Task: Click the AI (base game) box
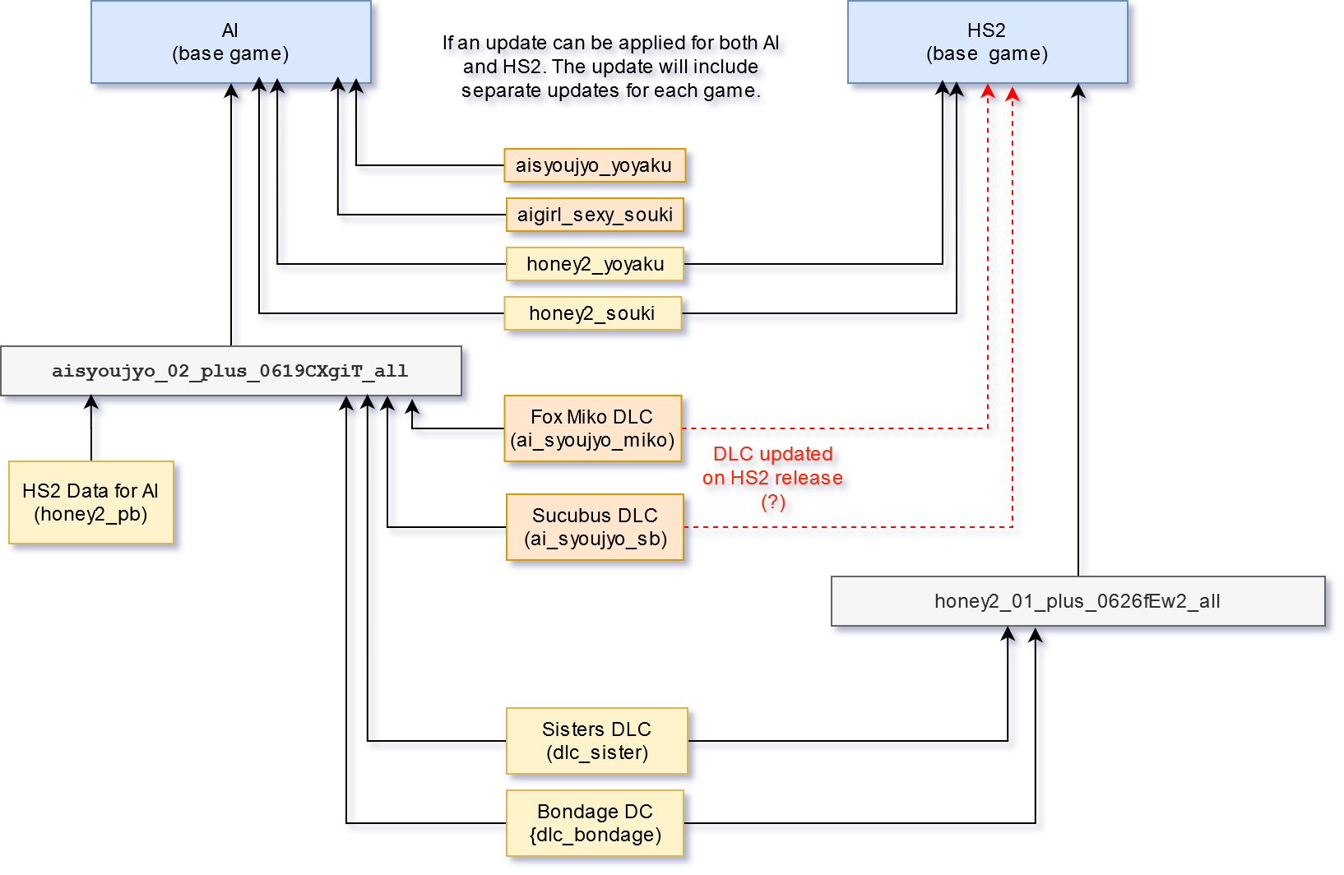coord(230,42)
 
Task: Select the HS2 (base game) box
coord(987,42)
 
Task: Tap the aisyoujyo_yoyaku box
coord(594,165)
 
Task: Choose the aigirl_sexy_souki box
coord(594,215)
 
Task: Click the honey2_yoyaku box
coord(595,264)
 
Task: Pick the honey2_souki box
coord(592,313)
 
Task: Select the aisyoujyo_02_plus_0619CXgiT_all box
coord(230,371)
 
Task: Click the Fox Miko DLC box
coord(592,428)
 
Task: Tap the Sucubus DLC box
coord(595,527)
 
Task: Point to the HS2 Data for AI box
coord(90,502)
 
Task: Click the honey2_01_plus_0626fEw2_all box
coord(1078,601)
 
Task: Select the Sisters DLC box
coord(596,741)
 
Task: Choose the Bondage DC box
coord(595,823)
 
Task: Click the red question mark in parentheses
coord(772,502)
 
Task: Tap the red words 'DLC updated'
coord(772,454)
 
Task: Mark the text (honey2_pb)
coord(90,515)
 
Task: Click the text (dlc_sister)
coord(596,753)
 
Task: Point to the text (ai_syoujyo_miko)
coord(592,441)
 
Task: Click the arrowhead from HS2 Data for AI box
coord(91,402)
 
